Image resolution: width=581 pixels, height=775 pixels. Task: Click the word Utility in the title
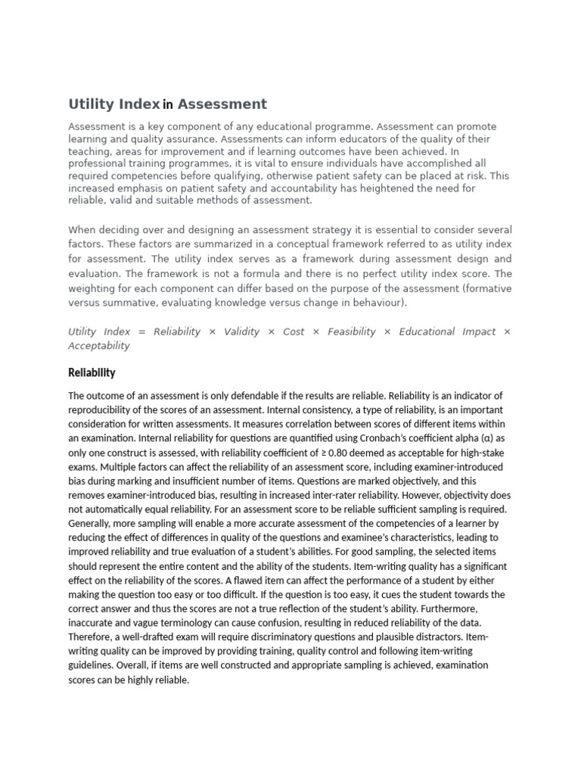[91, 104]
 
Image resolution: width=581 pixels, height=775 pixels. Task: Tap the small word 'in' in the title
[168, 105]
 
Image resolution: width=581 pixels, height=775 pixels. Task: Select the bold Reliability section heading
[92, 372]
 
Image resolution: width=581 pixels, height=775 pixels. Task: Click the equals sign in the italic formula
[141, 331]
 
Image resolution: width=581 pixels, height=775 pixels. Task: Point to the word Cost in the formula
[294, 331]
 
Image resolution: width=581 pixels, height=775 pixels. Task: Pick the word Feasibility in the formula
[351, 331]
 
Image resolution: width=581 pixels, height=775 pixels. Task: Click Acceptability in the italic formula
[99, 346]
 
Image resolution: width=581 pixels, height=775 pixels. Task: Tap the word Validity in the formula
[241, 331]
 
